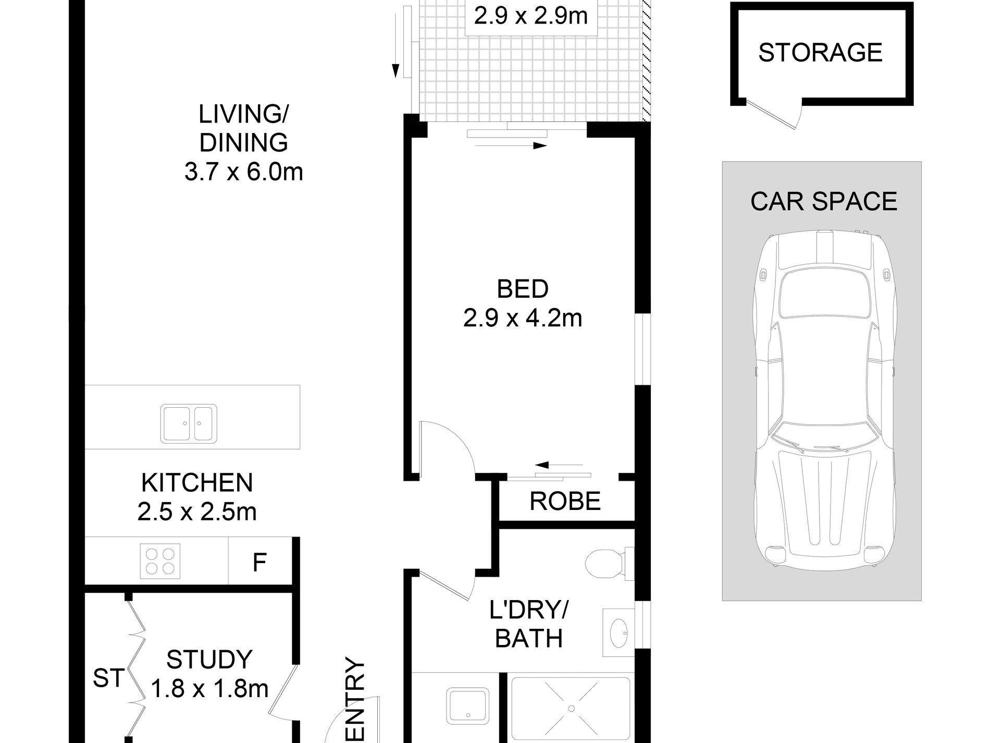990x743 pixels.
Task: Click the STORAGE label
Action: tap(820, 53)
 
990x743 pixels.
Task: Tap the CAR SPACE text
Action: tap(824, 201)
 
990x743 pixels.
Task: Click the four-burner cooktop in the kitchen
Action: tap(160, 561)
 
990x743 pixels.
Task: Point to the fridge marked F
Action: tap(259, 562)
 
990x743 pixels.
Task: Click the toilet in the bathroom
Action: tap(609, 564)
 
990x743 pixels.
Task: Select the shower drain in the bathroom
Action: tap(572, 708)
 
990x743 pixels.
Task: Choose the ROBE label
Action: tap(565, 501)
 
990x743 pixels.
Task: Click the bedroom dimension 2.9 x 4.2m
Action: tap(523, 318)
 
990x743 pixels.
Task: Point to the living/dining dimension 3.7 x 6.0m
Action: tap(243, 172)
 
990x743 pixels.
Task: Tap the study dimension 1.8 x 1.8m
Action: tap(209, 689)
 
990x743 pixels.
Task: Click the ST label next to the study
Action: tap(109, 678)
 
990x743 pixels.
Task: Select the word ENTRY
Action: tap(355, 701)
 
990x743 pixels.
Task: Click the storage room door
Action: tap(775, 115)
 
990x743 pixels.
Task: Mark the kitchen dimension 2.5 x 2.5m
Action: tap(197, 512)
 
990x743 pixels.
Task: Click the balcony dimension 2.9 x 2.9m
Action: tap(531, 16)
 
